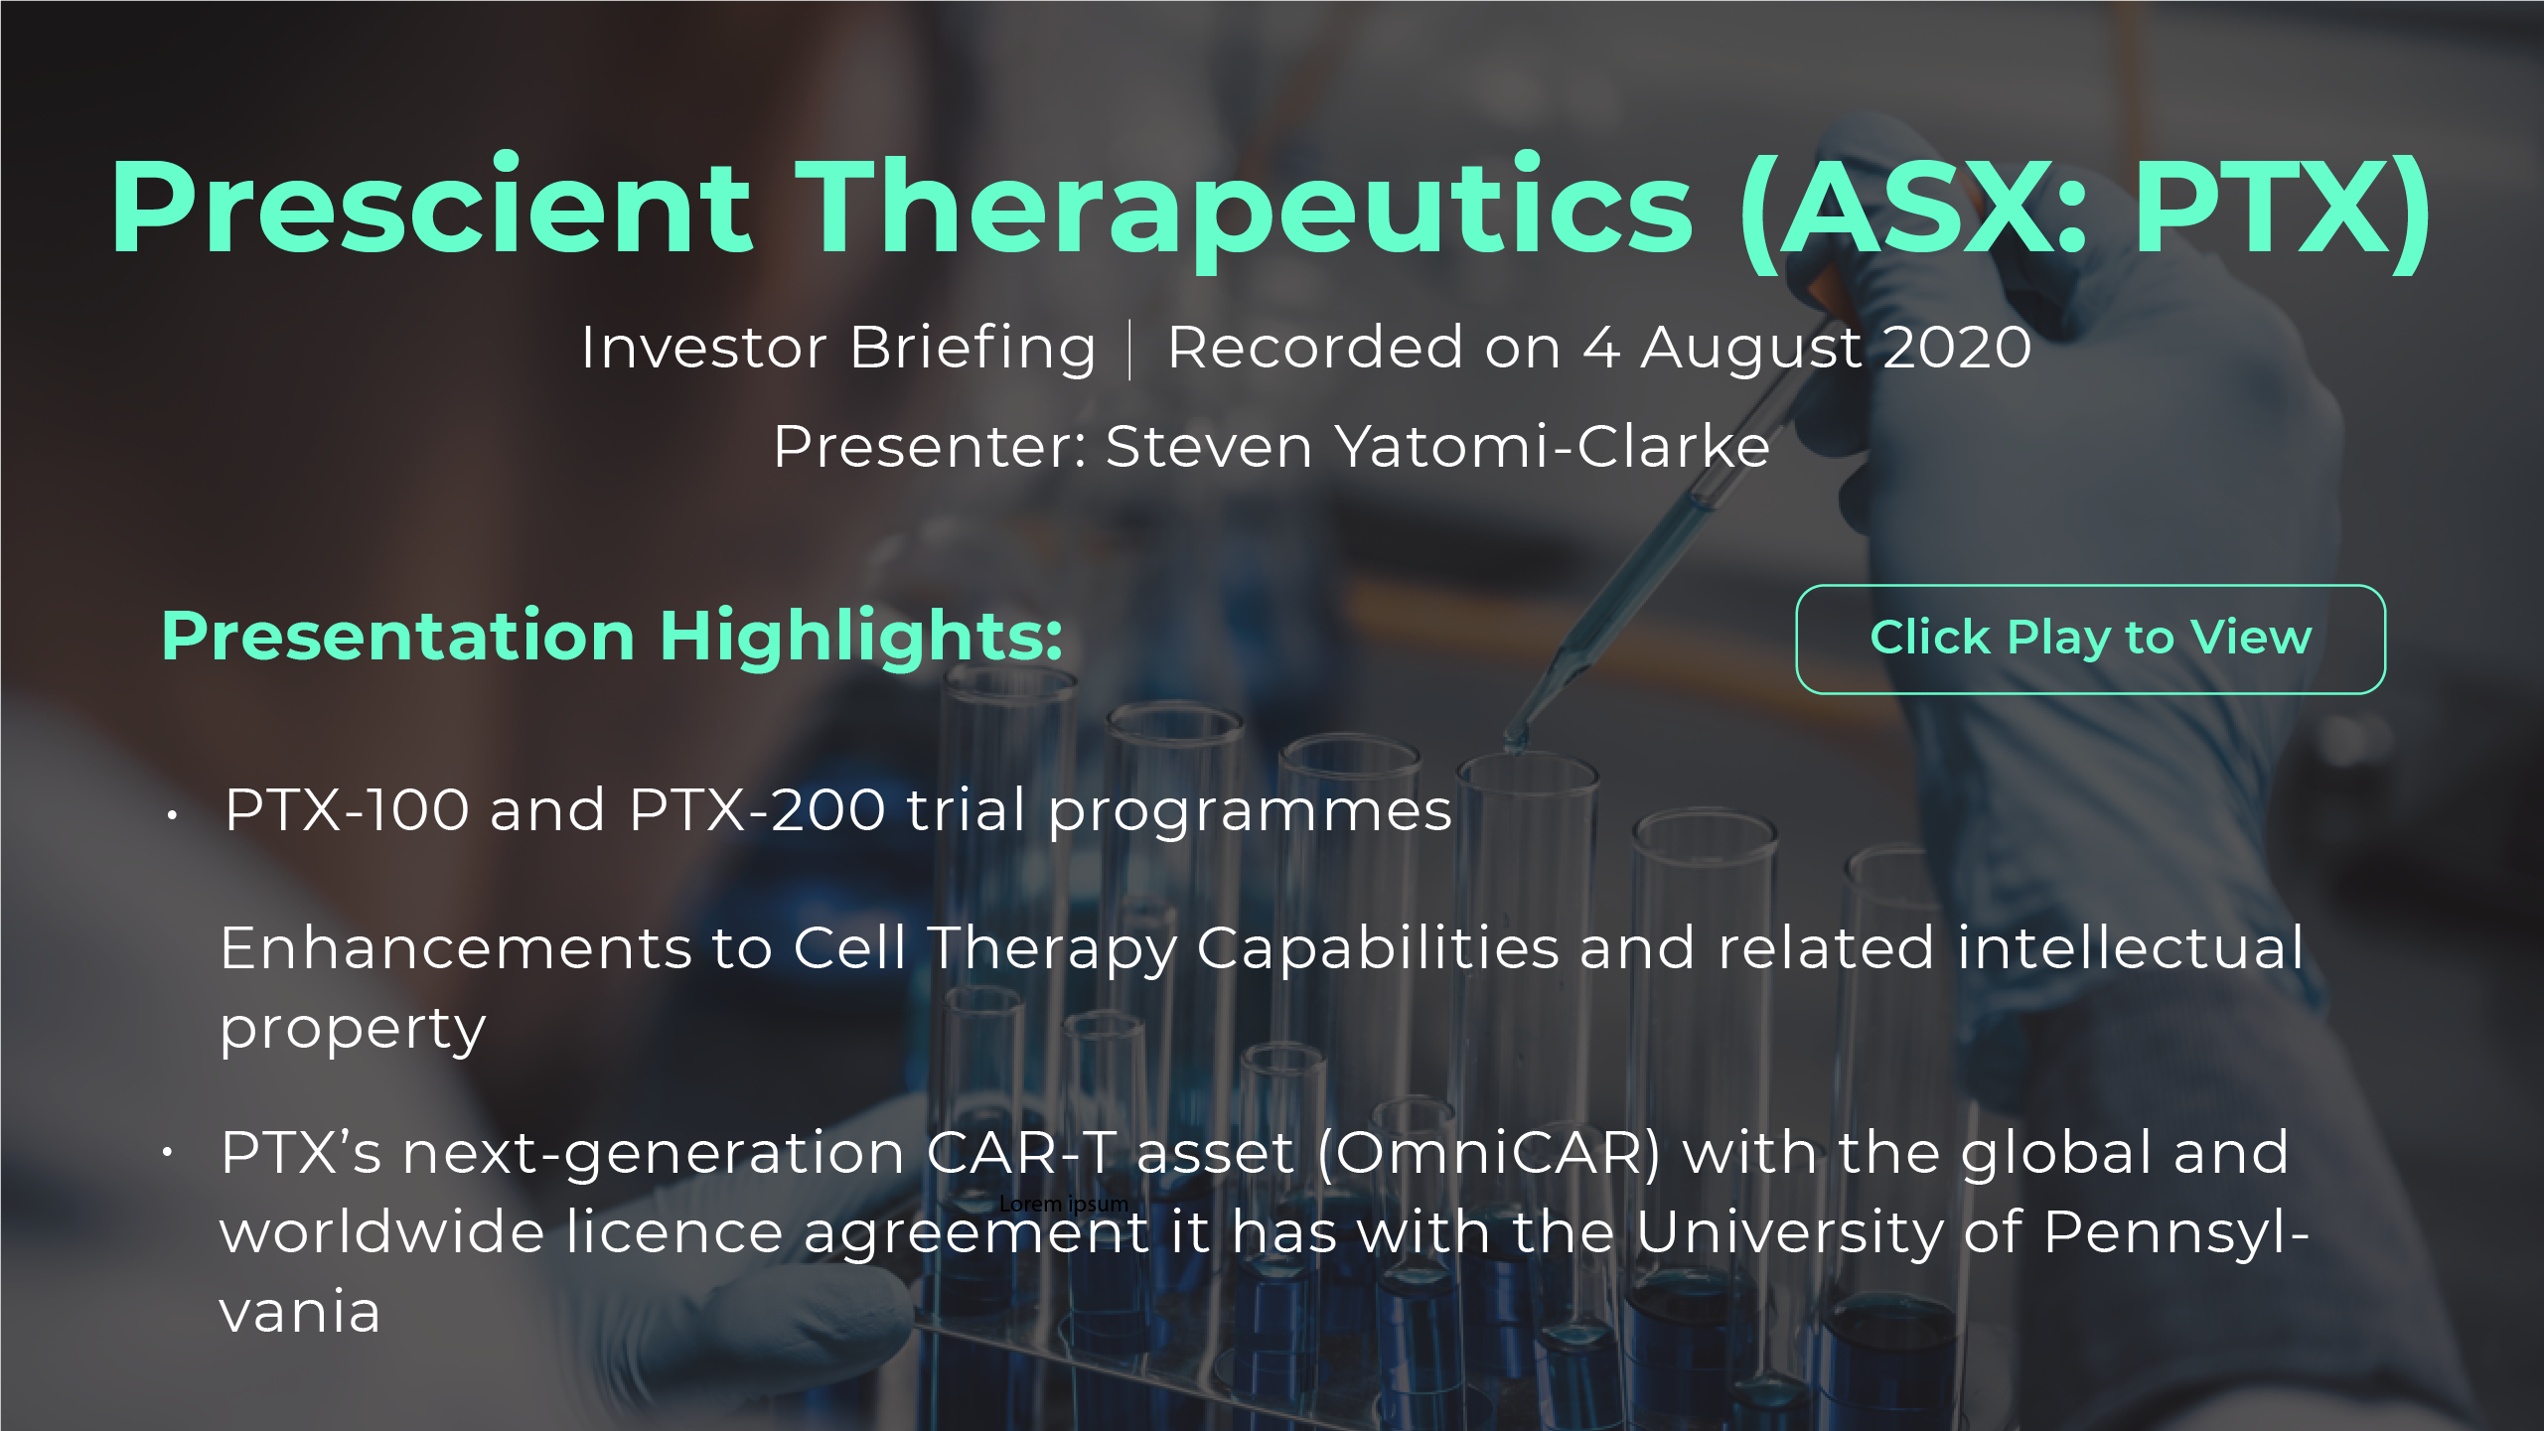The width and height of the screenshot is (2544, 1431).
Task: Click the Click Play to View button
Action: point(2090,639)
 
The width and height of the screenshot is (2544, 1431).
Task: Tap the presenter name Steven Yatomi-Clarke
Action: point(1437,446)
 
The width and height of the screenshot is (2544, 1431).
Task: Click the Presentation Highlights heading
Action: point(612,638)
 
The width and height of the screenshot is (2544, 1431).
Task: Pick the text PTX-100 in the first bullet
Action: point(347,809)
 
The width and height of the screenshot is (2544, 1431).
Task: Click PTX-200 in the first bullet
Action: point(757,809)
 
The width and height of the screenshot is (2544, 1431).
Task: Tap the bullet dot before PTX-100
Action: point(172,815)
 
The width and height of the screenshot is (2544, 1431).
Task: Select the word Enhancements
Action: point(456,947)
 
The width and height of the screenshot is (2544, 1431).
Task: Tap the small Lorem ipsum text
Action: point(1064,1204)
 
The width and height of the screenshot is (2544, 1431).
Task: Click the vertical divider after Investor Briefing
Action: point(1130,350)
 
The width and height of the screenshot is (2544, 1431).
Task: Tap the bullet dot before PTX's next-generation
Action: point(168,1152)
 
